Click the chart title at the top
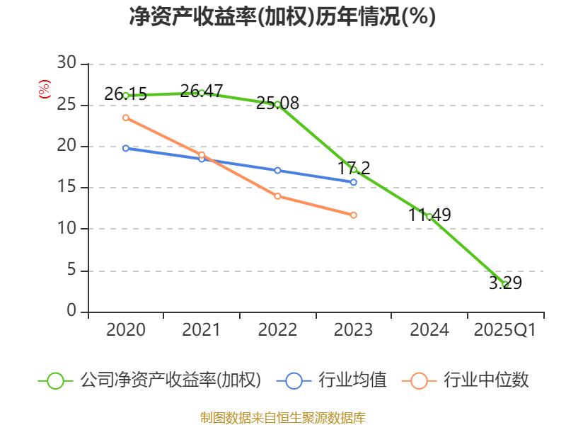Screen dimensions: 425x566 (282, 16)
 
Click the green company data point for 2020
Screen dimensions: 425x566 (126, 95)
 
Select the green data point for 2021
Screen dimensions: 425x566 (202, 93)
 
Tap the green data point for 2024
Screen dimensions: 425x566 (429, 216)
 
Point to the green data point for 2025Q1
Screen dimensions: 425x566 (505, 285)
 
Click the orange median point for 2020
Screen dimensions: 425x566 (126, 118)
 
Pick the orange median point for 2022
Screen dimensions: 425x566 (277, 195)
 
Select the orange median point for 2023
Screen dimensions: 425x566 (353, 215)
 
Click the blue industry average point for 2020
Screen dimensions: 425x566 (126, 148)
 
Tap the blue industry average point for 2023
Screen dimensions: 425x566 (353, 182)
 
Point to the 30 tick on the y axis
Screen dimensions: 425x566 (67, 64)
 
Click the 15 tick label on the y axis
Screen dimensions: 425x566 (67, 188)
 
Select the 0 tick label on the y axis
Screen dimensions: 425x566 (71, 312)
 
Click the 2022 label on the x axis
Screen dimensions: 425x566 (277, 330)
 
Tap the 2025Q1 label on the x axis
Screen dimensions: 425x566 (505, 330)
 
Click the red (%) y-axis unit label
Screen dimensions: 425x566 (44, 90)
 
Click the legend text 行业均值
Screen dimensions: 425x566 (352, 380)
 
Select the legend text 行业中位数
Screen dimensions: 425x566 (486, 380)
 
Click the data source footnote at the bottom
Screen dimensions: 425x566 (282, 417)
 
